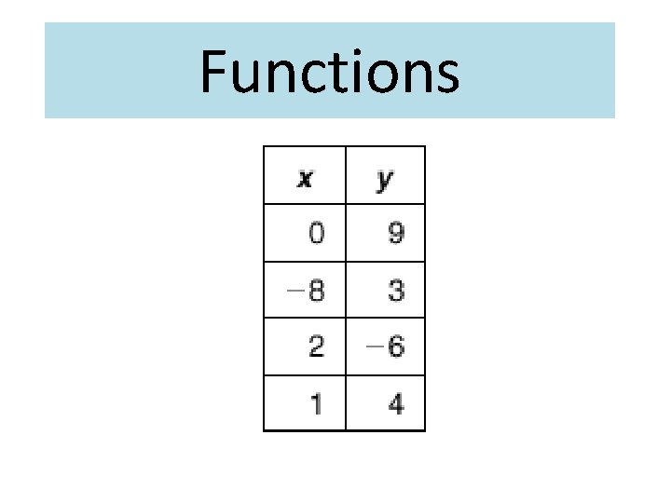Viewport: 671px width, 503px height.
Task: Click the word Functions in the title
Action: (329, 72)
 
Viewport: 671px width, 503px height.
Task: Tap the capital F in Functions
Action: (213, 72)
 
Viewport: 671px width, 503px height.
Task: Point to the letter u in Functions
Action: (243, 76)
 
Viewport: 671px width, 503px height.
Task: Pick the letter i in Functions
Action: (348, 72)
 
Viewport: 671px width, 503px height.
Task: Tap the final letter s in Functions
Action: (444, 76)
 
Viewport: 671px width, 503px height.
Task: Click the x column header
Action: (305, 178)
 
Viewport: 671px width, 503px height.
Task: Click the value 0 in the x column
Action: (317, 233)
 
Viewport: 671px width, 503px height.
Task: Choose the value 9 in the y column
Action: (396, 233)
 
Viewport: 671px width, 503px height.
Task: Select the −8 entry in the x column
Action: (307, 291)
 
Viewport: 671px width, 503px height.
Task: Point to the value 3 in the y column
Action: (396, 291)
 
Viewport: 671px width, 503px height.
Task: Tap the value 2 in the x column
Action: (317, 347)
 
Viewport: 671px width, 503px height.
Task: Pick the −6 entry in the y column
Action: (386, 347)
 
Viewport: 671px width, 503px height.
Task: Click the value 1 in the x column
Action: (318, 404)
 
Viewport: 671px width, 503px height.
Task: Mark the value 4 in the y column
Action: (396, 404)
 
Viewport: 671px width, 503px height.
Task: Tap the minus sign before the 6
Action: (374, 347)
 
